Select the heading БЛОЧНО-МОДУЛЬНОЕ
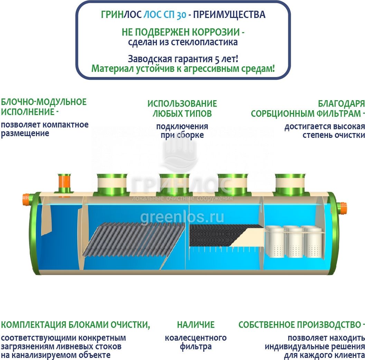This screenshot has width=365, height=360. tap(44, 102)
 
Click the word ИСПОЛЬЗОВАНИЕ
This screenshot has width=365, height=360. tap(182, 104)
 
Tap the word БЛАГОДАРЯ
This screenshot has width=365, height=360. tap(341, 104)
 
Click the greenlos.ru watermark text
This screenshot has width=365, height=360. tap(182, 217)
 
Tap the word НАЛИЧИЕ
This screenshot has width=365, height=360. tap(196, 325)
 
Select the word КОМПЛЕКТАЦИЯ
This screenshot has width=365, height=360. tap(33, 325)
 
